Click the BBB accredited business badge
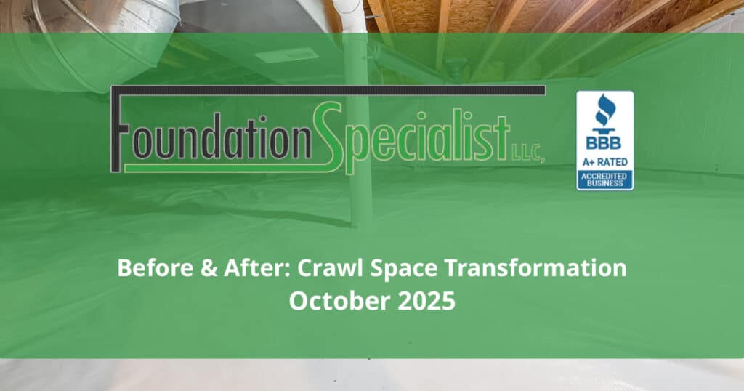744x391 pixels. point(604,140)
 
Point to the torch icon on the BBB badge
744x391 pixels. point(604,111)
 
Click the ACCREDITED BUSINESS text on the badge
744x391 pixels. point(604,178)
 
